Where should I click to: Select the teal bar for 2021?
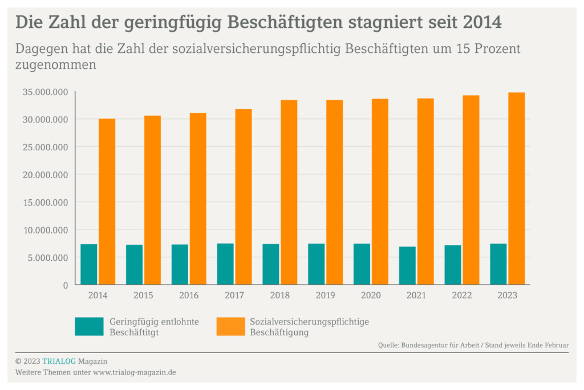(x=407, y=265)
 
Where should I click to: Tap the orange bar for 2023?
(x=516, y=188)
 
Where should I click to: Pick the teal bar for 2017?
(x=225, y=264)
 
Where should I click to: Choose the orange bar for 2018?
(x=289, y=192)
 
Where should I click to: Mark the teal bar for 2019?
(x=316, y=264)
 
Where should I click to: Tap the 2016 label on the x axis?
(x=189, y=295)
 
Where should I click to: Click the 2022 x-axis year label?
(x=462, y=295)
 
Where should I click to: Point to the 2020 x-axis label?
(x=371, y=295)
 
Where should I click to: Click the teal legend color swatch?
(x=89, y=326)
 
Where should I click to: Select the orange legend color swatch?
(x=230, y=326)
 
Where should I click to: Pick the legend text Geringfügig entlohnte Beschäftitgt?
(x=154, y=327)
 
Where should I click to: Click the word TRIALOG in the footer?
(x=59, y=361)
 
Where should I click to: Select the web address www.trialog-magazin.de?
(x=134, y=372)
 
